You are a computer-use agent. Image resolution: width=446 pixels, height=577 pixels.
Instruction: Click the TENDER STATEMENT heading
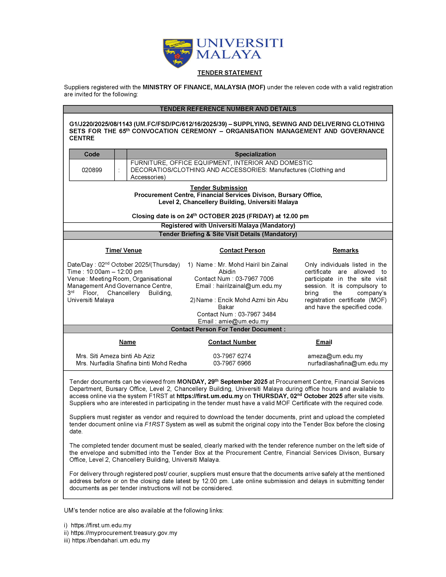click(x=230, y=73)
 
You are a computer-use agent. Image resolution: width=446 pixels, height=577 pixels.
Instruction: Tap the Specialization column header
click(x=255, y=154)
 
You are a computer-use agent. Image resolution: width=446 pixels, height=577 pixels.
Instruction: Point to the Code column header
click(x=92, y=154)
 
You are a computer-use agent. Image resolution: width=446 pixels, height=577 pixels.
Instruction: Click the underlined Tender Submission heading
click(x=219, y=188)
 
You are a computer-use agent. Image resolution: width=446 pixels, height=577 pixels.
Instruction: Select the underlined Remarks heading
click(x=345, y=250)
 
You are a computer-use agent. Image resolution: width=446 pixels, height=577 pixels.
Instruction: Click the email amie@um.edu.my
click(x=243, y=321)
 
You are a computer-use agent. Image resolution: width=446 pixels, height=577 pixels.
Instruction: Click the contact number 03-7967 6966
click(x=232, y=363)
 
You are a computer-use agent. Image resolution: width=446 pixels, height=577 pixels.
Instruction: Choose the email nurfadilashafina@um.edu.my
click(x=347, y=363)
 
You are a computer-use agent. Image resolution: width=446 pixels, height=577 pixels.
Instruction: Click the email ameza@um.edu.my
click(x=335, y=356)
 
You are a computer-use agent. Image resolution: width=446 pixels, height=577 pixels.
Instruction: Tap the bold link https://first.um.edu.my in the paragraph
click(x=210, y=396)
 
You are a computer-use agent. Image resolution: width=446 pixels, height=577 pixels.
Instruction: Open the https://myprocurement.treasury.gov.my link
click(x=124, y=533)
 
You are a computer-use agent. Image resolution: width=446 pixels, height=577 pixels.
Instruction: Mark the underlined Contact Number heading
click(x=232, y=342)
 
